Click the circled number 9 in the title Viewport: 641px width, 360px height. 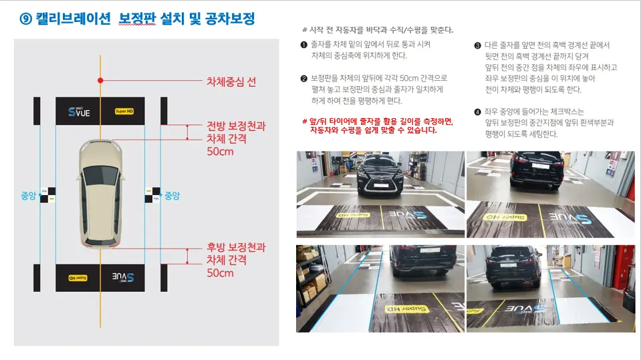[x=26, y=19]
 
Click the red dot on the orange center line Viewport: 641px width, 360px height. [x=100, y=81]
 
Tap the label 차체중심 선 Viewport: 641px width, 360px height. [x=231, y=81]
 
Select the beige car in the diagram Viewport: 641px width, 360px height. [x=100, y=194]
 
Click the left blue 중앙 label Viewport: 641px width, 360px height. [x=28, y=196]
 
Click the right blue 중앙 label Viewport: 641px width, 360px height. [x=172, y=196]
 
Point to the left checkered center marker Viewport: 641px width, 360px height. [x=48, y=195]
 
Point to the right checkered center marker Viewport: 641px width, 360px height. [x=152, y=195]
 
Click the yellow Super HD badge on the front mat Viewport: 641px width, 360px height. [x=124, y=111]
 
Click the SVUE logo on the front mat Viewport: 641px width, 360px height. [x=79, y=112]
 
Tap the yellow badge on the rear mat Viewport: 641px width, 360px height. [x=78, y=278]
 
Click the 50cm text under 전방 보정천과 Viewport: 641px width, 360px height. [x=220, y=152]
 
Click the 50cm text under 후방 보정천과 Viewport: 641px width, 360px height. [x=220, y=273]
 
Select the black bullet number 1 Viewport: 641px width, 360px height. [x=303, y=45]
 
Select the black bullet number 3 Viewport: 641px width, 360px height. [x=477, y=45]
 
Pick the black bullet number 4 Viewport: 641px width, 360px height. [x=477, y=112]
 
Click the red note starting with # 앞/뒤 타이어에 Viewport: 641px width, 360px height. [x=378, y=126]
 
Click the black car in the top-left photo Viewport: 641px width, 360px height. [x=380, y=174]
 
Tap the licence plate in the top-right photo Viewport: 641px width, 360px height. [x=540, y=166]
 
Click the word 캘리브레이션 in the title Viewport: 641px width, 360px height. [x=73, y=19]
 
